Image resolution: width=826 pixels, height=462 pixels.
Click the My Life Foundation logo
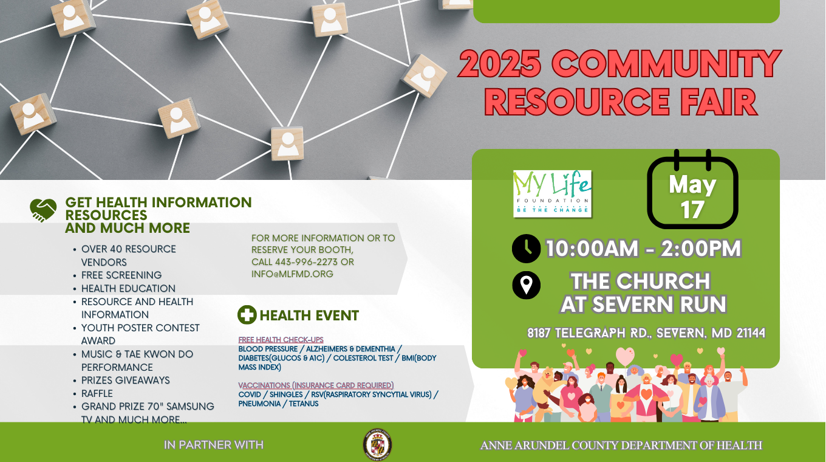pyautogui.click(x=553, y=194)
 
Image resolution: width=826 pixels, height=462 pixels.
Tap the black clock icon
pyautogui.click(x=526, y=249)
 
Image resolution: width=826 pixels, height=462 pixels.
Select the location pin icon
pyautogui.click(x=526, y=285)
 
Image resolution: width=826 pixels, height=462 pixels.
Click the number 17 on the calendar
pyautogui.click(x=692, y=210)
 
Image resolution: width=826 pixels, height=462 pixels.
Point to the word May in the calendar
pyautogui.click(x=692, y=185)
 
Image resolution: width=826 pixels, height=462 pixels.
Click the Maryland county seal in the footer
pyautogui.click(x=377, y=444)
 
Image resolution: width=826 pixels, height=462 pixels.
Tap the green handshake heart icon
pyautogui.click(x=43, y=210)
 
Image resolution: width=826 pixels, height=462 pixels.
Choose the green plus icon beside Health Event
pyautogui.click(x=247, y=315)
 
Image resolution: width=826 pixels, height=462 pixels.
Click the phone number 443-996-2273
pyautogui.click(x=306, y=262)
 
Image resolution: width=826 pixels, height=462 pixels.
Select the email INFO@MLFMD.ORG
pyautogui.click(x=292, y=274)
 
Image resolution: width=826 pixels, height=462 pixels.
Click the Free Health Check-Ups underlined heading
pyautogui.click(x=281, y=339)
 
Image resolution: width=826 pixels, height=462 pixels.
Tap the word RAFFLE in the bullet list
pyautogui.click(x=97, y=393)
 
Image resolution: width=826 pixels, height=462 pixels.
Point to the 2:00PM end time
pyautogui.click(x=701, y=249)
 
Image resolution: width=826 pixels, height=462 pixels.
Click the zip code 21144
pyautogui.click(x=751, y=333)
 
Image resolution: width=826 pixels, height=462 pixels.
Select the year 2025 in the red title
pyautogui.click(x=500, y=63)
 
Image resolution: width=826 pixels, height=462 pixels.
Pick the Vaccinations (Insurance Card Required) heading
pyautogui.click(x=316, y=385)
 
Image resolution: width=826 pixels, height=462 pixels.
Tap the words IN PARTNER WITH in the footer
pyautogui.click(x=214, y=445)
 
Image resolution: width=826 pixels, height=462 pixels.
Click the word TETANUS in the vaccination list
pyautogui.click(x=304, y=404)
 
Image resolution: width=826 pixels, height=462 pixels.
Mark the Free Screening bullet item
pyautogui.click(x=121, y=275)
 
